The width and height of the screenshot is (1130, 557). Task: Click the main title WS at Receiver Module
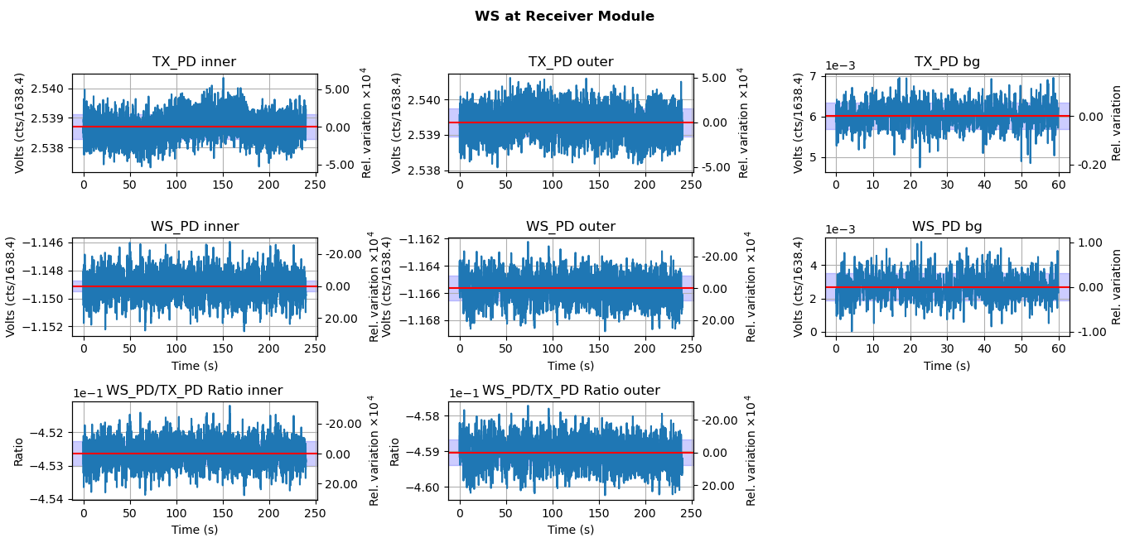click(x=564, y=17)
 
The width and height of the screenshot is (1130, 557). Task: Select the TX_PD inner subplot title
click(x=194, y=62)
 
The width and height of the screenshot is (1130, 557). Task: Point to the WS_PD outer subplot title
click(x=571, y=227)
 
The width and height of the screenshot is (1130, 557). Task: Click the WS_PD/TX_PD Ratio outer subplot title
click(x=571, y=391)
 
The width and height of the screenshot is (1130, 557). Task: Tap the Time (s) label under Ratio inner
click(x=195, y=530)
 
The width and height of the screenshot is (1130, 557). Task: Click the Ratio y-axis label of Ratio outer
click(x=395, y=451)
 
